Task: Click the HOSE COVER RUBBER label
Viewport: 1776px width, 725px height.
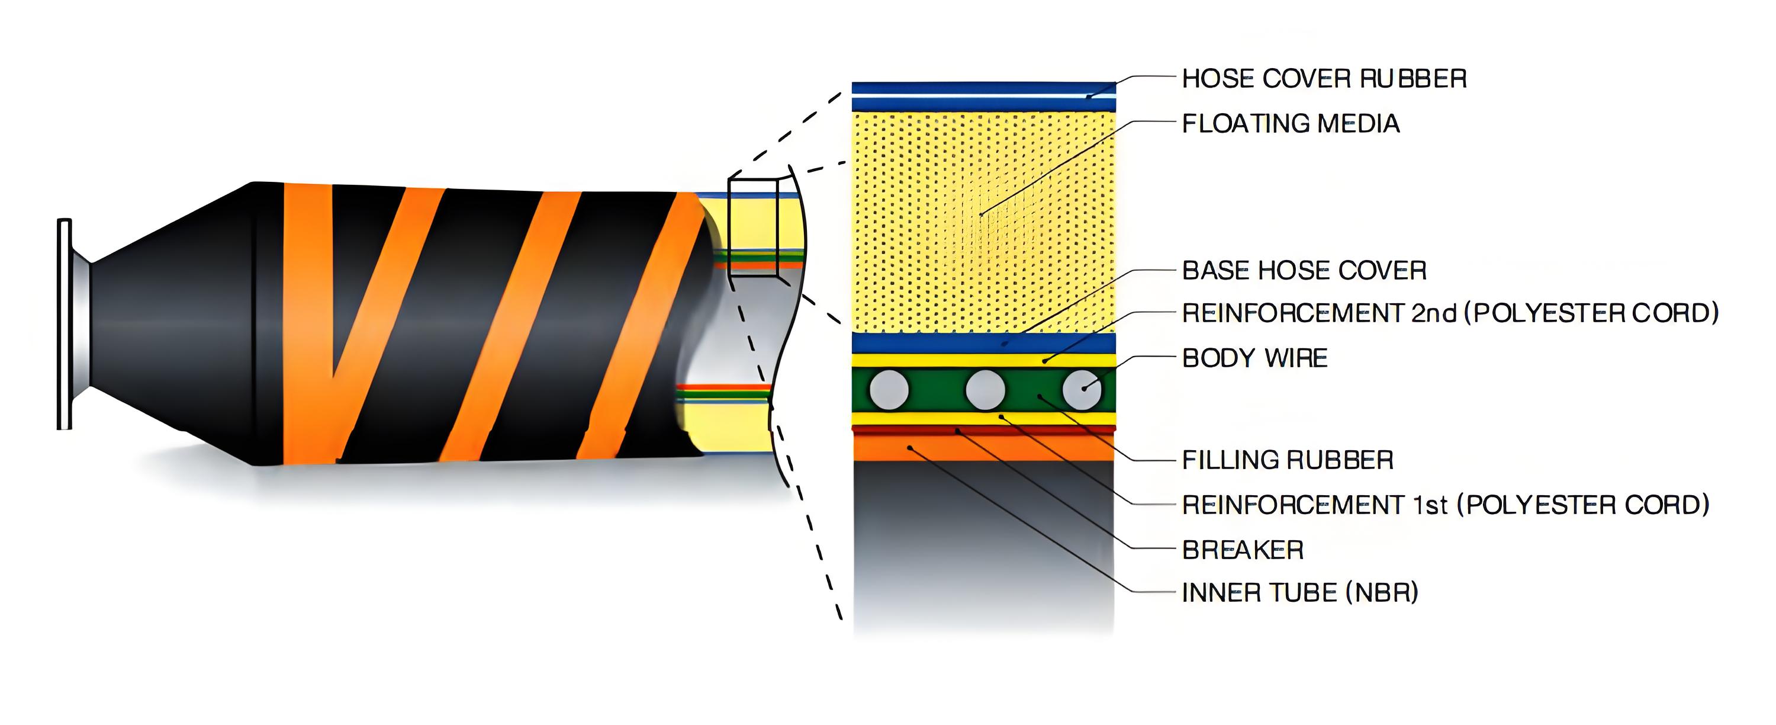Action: (1324, 79)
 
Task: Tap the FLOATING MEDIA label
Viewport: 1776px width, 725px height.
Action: (1291, 123)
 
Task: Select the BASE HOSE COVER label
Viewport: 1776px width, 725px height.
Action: (1304, 271)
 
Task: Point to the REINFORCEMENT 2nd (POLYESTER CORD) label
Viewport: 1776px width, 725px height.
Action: (1450, 313)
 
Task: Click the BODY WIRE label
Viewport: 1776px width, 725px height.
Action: (1255, 358)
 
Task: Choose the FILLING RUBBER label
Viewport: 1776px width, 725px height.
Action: (1287, 460)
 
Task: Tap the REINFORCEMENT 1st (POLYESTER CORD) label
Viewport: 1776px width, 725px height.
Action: (1445, 505)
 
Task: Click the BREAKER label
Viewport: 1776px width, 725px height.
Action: (1243, 550)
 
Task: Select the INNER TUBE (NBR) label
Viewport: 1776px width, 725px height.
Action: (1299, 592)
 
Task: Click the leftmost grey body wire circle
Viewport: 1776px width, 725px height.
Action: (889, 390)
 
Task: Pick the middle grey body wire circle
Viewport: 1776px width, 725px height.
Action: (984, 390)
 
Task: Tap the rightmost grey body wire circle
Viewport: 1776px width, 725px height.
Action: (1081, 390)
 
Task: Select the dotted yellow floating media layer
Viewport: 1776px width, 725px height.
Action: (984, 221)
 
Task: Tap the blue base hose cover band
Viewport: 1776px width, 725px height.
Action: (984, 343)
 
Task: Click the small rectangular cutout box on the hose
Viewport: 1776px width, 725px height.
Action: (753, 227)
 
